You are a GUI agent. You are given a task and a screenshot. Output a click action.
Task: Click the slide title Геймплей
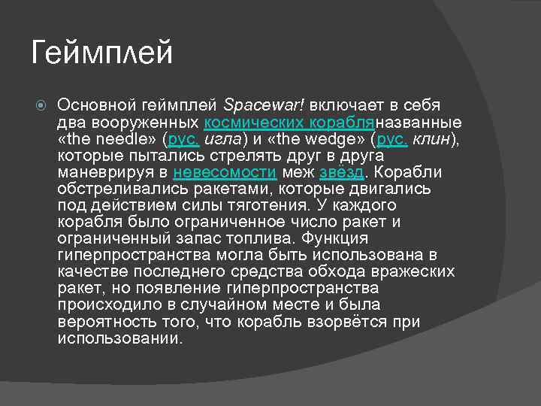(102, 53)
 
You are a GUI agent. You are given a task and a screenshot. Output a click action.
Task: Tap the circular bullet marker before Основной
(42, 105)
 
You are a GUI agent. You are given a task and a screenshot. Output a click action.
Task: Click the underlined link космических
(252, 122)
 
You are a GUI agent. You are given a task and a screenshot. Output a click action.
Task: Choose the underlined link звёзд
(343, 171)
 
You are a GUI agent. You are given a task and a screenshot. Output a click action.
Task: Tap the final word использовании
(119, 338)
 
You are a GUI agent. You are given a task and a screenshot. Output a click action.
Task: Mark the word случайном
(215, 305)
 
